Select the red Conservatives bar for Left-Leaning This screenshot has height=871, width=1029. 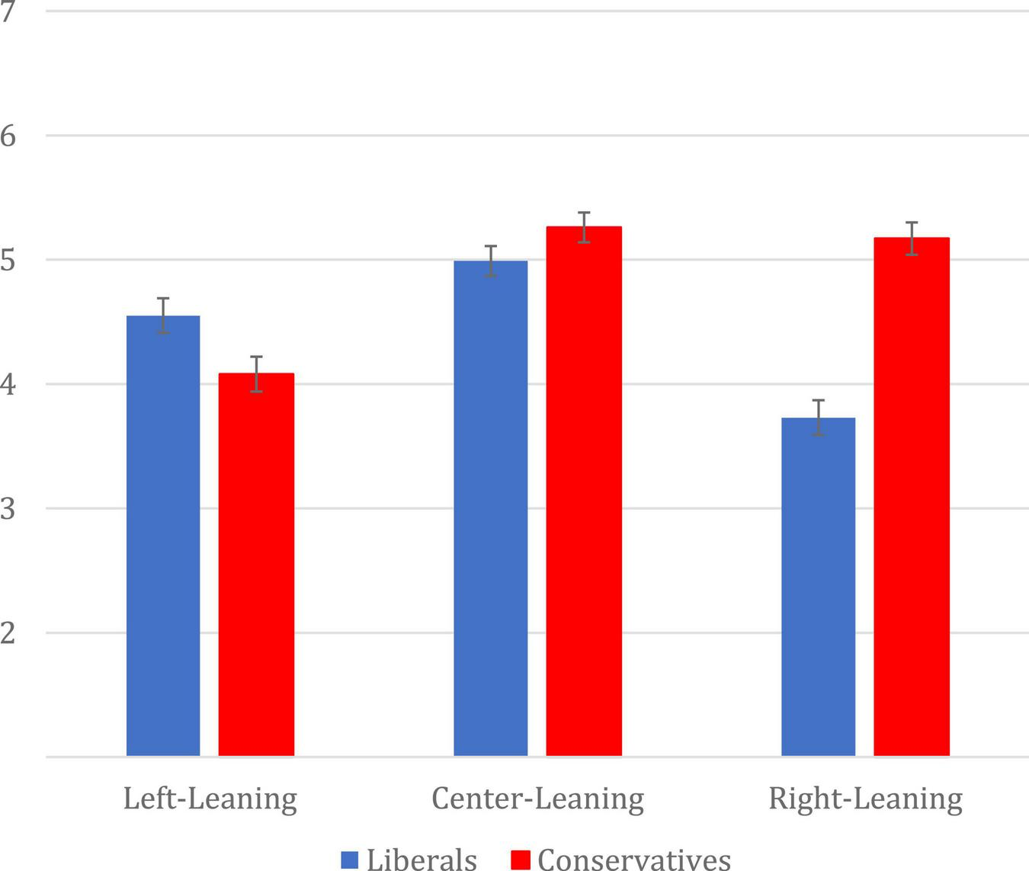[256, 564]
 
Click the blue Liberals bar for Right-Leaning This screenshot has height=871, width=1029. [819, 587]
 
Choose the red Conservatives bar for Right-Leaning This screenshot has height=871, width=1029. [912, 496]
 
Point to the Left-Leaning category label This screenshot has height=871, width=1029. [210, 799]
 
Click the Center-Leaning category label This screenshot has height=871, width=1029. [537, 799]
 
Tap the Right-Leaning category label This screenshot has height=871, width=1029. [865, 799]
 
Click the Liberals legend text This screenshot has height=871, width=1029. [422, 860]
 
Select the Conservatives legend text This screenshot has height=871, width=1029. [634, 860]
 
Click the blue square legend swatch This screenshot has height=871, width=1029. [350, 860]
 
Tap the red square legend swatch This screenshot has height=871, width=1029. [521, 860]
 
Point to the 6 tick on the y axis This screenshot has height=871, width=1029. [8, 136]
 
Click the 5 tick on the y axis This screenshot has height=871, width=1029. [8, 261]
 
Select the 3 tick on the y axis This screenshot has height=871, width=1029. [8, 509]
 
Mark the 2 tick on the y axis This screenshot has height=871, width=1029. [8, 633]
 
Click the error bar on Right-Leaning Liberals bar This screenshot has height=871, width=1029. [819, 417]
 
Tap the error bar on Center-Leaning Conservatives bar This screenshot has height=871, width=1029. [584, 227]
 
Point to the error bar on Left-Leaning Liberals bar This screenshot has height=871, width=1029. [163, 315]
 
